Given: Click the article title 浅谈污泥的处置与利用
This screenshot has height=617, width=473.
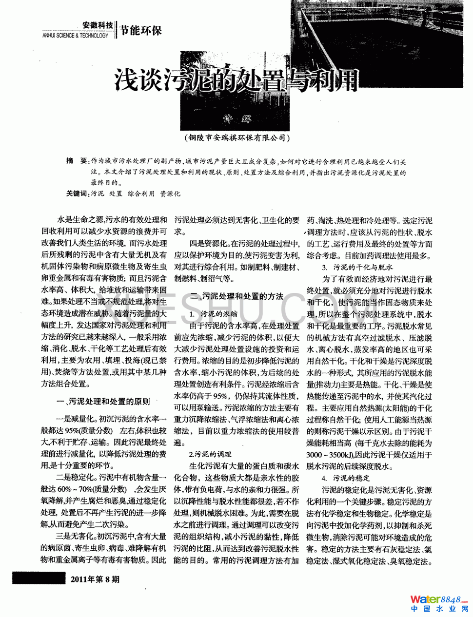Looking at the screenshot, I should pos(236,80).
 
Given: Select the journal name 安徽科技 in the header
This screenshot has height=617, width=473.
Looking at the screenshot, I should pos(98,25).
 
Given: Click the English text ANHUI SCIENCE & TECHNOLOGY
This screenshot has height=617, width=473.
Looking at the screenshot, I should pos(76,36).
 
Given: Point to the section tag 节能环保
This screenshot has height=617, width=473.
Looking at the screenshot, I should pos(140,30).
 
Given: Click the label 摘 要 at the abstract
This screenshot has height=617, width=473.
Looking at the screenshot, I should pos(77,161).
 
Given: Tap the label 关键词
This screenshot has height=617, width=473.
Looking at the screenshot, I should pos(78,193).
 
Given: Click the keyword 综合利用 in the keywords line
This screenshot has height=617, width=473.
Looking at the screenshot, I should pos(141,193).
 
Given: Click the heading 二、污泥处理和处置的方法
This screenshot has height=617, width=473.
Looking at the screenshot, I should pos(237,296).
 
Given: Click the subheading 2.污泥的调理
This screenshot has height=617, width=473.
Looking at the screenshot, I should pos(210,455).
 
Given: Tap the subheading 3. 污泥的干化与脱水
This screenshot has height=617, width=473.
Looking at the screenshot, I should pos(357,267).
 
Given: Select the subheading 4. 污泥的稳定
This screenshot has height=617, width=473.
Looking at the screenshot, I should pos(346,478).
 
